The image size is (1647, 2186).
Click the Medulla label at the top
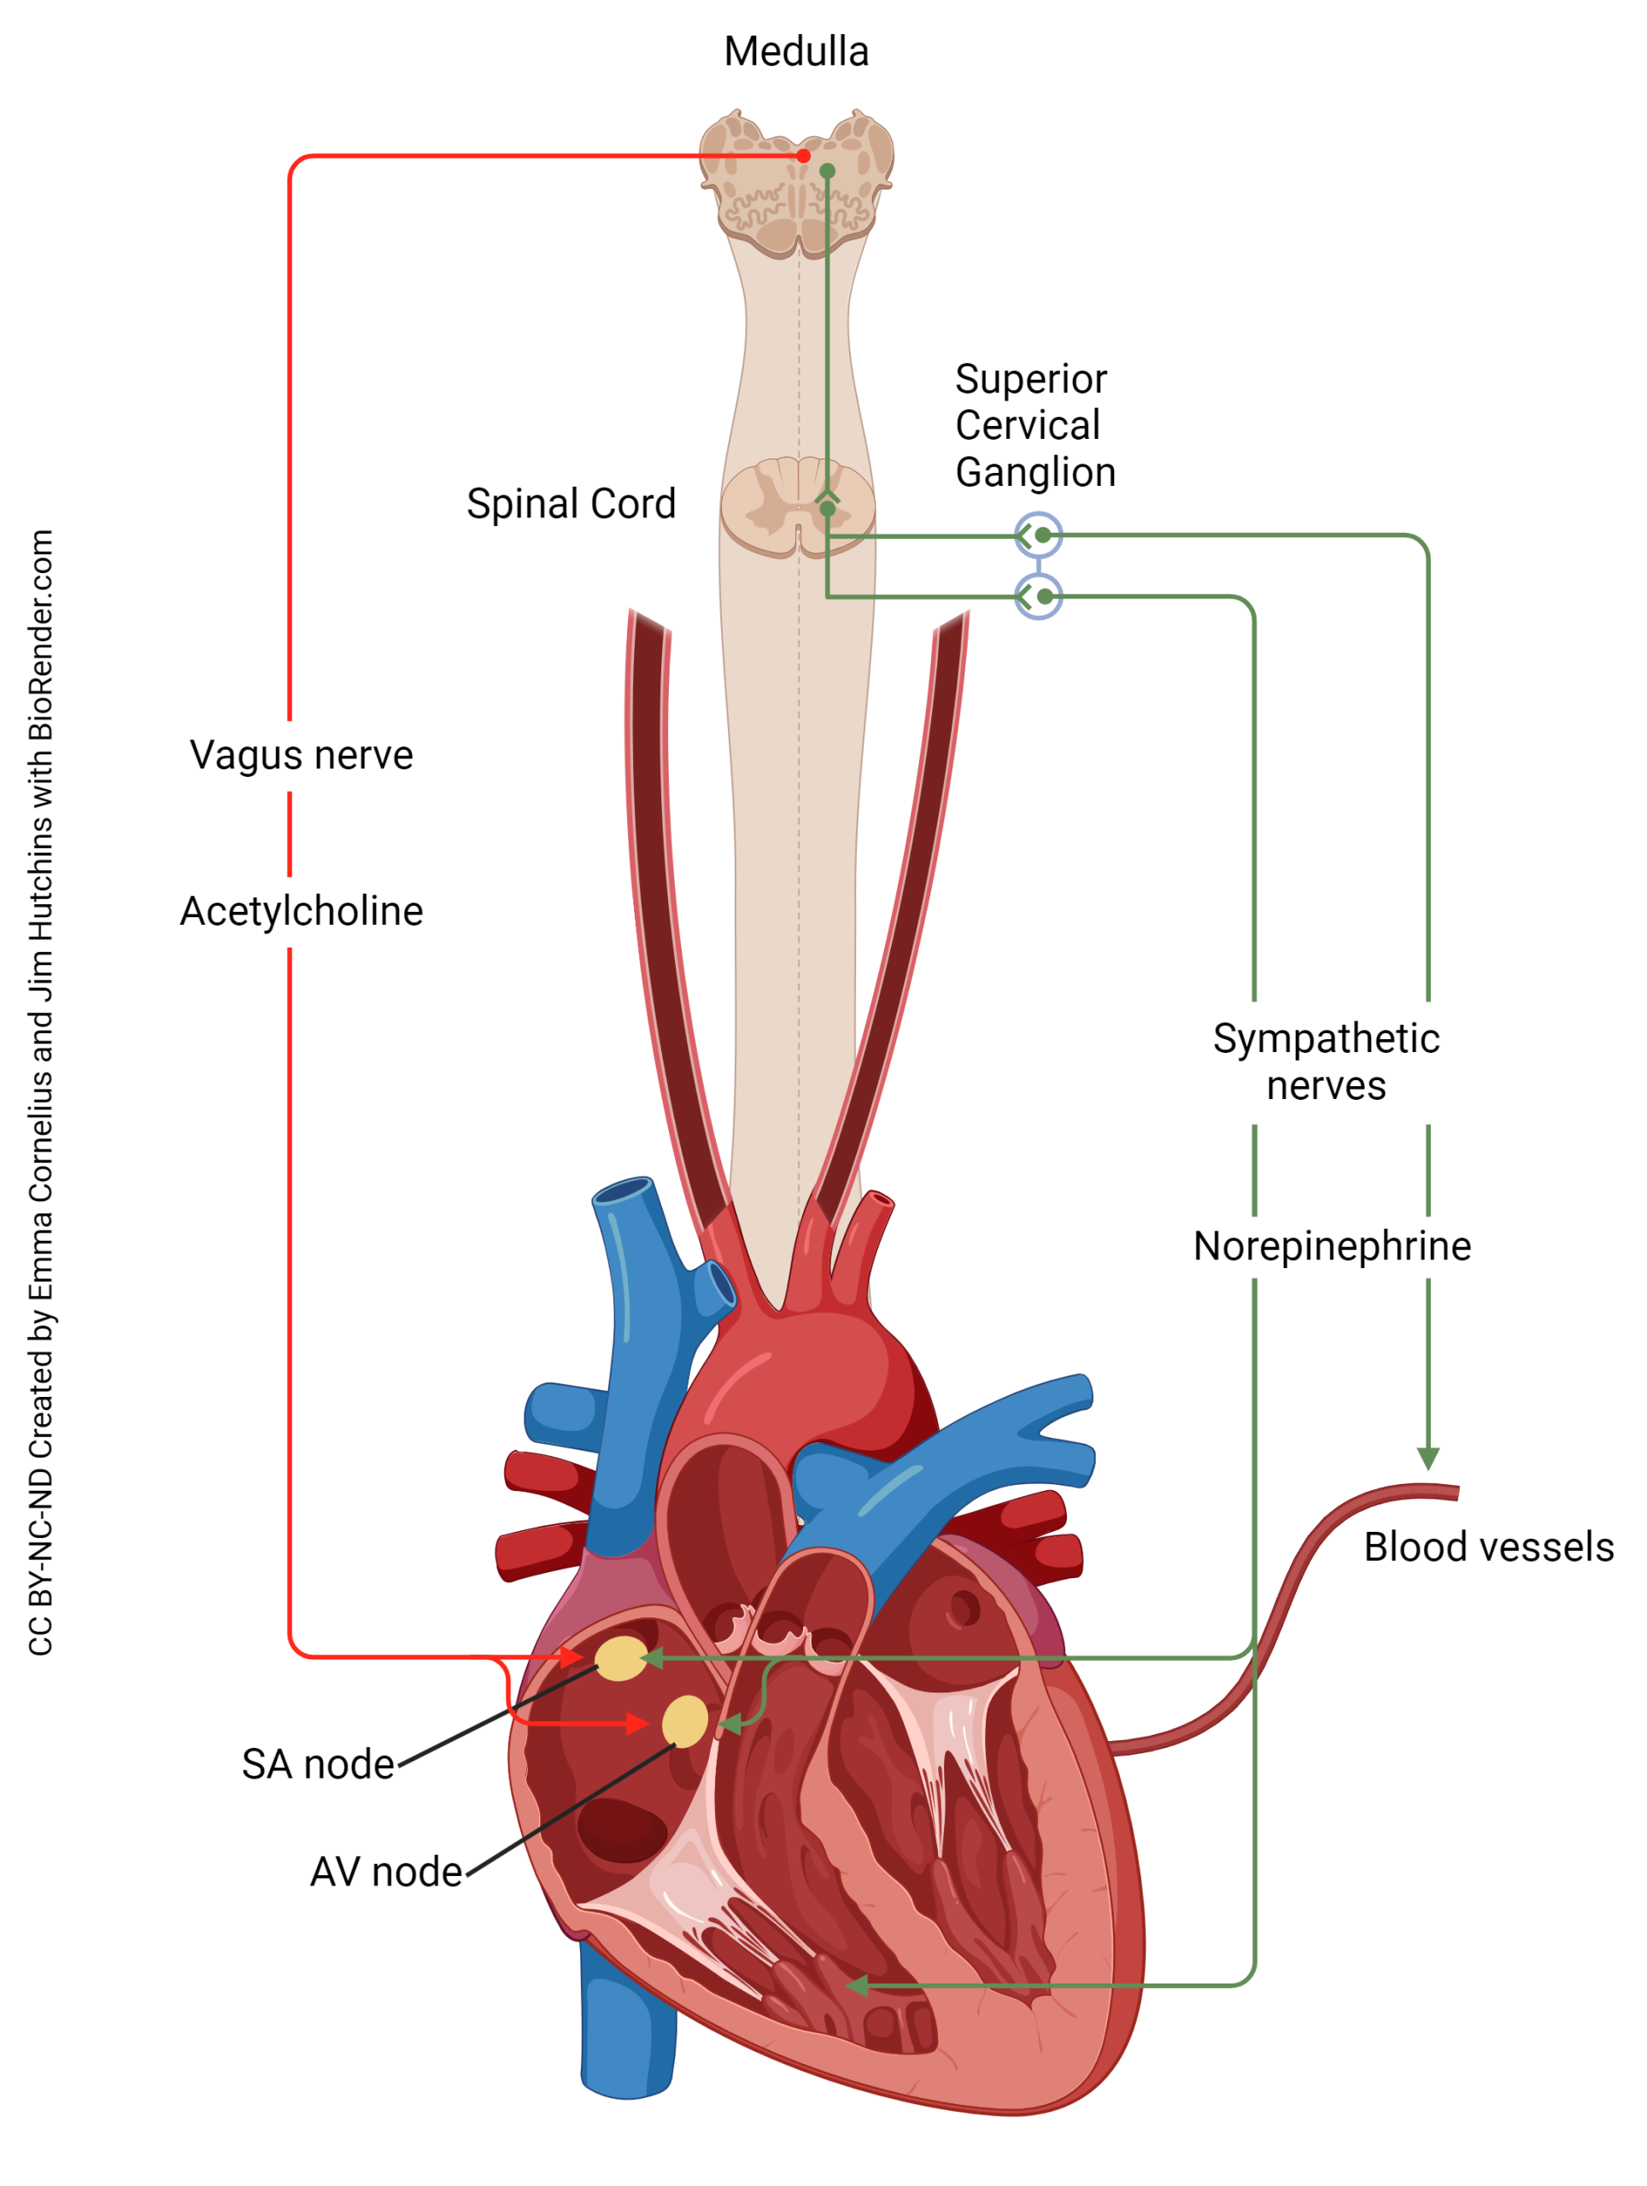point(796,51)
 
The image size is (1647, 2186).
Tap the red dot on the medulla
point(804,155)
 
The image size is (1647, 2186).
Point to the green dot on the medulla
point(828,171)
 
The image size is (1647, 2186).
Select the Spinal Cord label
point(571,504)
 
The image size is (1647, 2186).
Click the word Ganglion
point(1035,472)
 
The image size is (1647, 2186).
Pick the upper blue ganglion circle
point(1038,535)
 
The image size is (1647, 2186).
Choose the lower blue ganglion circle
point(1038,597)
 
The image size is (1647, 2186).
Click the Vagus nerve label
point(301,755)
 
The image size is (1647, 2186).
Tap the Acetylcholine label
point(301,911)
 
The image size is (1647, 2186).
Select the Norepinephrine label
point(1332,1246)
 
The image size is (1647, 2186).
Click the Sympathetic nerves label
point(1326,1062)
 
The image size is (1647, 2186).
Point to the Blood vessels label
point(1488,1547)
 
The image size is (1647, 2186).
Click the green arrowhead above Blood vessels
point(1427,1458)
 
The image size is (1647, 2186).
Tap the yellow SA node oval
point(621,1658)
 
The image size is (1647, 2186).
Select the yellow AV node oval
point(684,1722)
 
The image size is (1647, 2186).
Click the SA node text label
point(319,1765)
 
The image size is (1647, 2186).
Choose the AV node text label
point(385,1873)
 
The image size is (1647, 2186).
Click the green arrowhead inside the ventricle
point(857,1986)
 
